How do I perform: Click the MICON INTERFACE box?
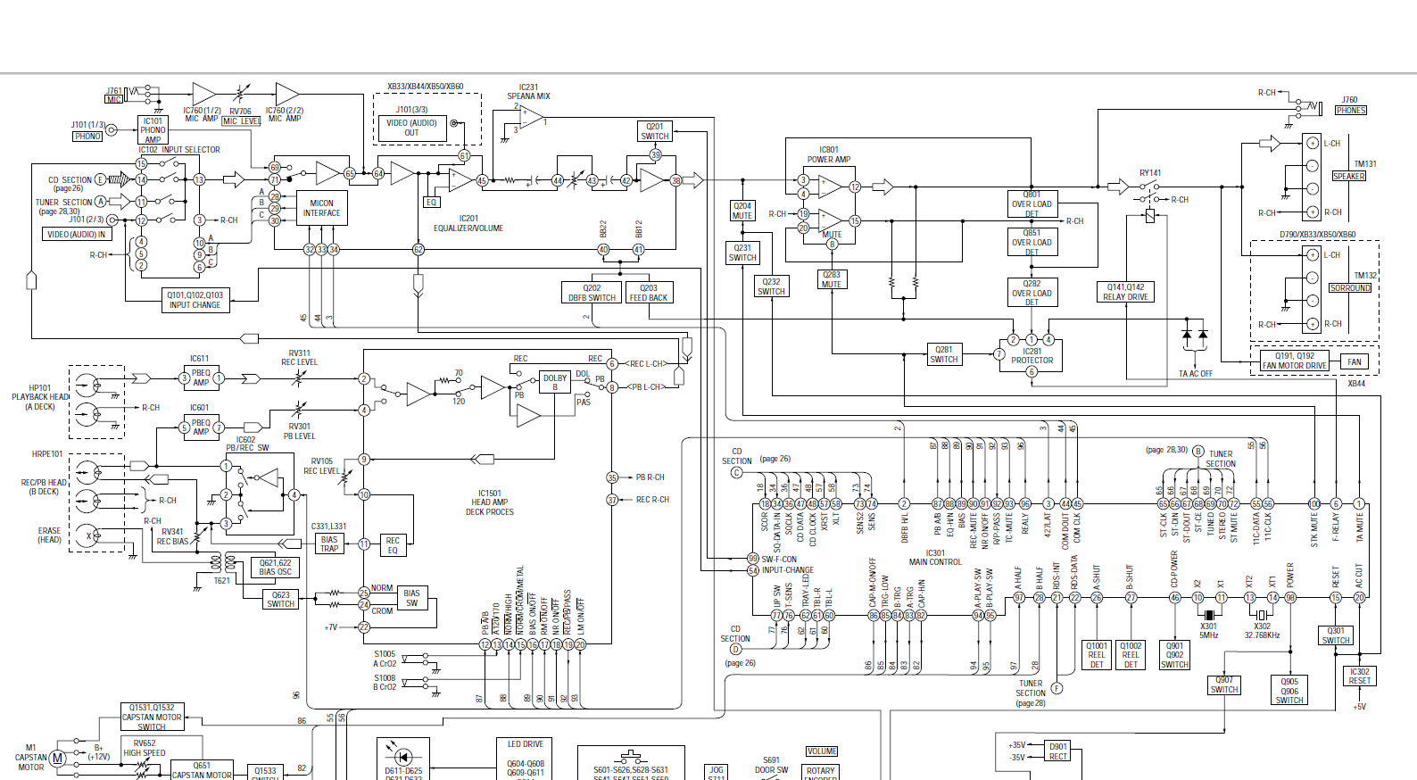point(321,209)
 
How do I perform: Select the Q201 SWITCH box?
point(655,131)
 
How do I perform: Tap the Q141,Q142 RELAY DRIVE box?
point(1125,292)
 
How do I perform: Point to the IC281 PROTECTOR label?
point(1032,356)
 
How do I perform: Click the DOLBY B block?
point(555,382)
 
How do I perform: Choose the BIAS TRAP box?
point(329,544)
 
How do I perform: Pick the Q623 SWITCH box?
point(280,599)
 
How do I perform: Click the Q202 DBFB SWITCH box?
point(592,293)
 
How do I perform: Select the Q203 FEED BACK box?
point(649,293)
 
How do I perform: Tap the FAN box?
point(1355,361)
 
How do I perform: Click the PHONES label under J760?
point(1351,111)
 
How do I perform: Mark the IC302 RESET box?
point(1359,676)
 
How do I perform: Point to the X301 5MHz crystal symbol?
point(1209,615)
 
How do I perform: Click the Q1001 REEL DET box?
point(1097,655)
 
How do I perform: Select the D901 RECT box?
point(1058,751)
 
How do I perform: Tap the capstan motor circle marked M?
point(57,759)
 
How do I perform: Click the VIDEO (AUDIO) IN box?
point(76,235)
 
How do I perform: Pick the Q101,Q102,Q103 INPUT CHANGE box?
point(195,300)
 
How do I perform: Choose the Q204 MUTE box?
point(742,211)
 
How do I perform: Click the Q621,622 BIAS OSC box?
point(275,568)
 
